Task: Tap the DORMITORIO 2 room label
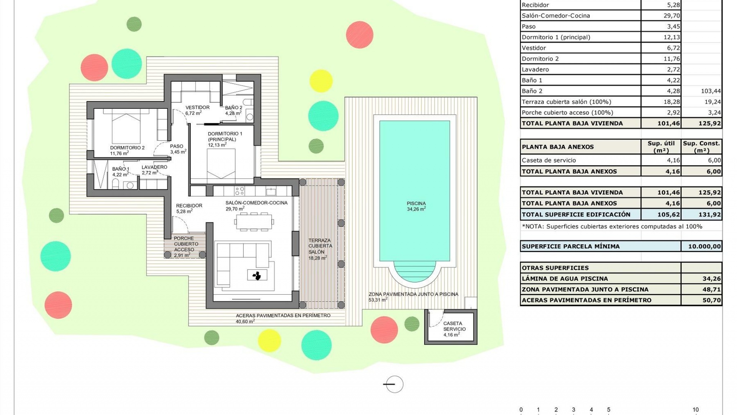(x=127, y=148)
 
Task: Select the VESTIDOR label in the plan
(x=197, y=108)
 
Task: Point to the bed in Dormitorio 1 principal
(x=221, y=163)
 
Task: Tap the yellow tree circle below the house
(x=269, y=340)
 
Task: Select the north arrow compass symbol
(x=394, y=384)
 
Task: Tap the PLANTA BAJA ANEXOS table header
(x=557, y=147)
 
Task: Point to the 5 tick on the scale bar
(x=608, y=410)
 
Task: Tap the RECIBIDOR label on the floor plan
(x=189, y=206)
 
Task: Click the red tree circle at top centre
(x=359, y=35)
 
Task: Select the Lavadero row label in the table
(x=535, y=70)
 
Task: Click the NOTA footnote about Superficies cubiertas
(x=612, y=226)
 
